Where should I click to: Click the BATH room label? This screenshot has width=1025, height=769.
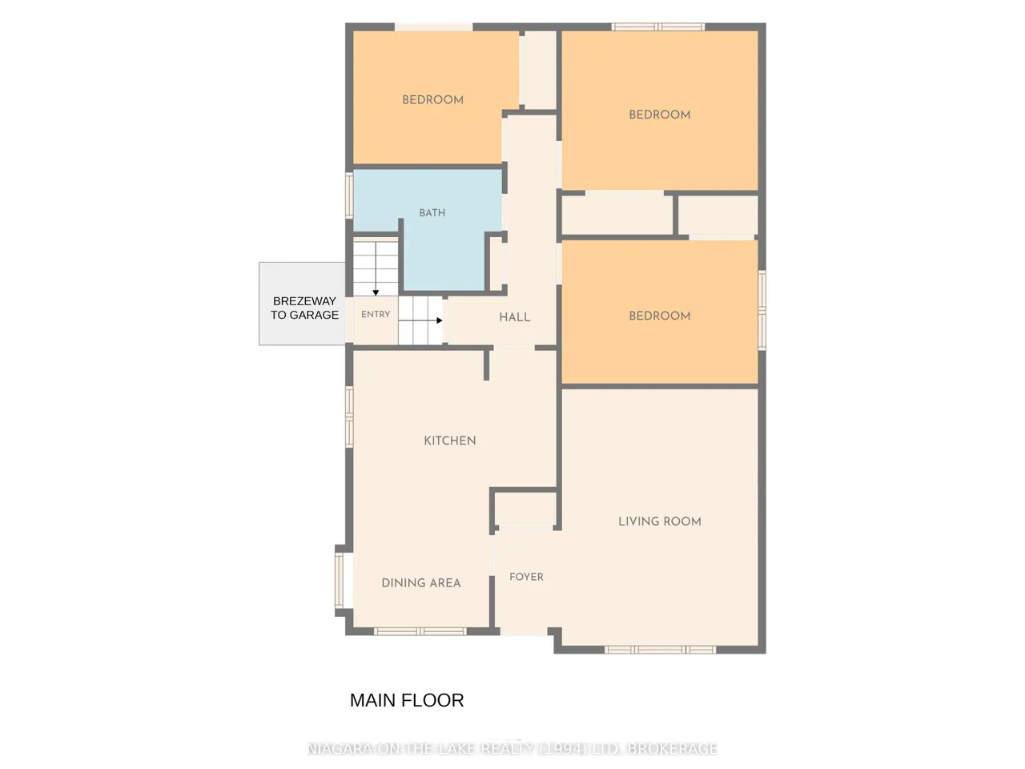pyautogui.click(x=432, y=213)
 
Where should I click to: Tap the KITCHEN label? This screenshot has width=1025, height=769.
pyautogui.click(x=450, y=441)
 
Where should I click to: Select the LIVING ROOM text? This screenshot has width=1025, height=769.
pyautogui.click(x=659, y=521)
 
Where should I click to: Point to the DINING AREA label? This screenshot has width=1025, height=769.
pyautogui.click(x=420, y=582)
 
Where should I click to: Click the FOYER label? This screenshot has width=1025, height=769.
pyautogui.click(x=526, y=577)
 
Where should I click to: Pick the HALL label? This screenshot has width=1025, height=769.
pyautogui.click(x=515, y=317)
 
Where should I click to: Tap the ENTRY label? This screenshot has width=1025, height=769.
pyautogui.click(x=376, y=314)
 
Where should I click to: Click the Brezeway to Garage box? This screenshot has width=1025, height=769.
pyautogui.click(x=303, y=304)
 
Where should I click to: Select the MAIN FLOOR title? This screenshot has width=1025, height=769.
pyautogui.click(x=407, y=700)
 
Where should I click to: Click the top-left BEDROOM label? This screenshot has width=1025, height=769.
pyautogui.click(x=432, y=100)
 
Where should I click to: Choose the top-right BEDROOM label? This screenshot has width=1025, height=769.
pyautogui.click(x=659, y=115)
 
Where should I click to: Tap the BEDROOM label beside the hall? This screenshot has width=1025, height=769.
pyautogui.click(x=659, y=316)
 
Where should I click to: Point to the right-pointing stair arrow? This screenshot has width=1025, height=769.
pyautogui.click(x=420, y=320)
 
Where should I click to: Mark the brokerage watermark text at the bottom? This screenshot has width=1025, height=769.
pyautogui.click(x=512, y=748)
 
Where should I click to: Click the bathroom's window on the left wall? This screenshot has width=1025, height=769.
pyautogui.click(x=349, y=195)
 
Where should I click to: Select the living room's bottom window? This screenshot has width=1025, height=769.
pyautogui.click(x=660, y=650)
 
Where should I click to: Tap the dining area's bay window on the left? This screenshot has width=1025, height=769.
pyautogui.click(x=340, y=581)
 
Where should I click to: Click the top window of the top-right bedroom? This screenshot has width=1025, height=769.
pyautogui.click(x=658, y=26)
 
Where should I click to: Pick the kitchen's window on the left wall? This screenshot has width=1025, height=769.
pyautogui.click(x=349, y=417)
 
